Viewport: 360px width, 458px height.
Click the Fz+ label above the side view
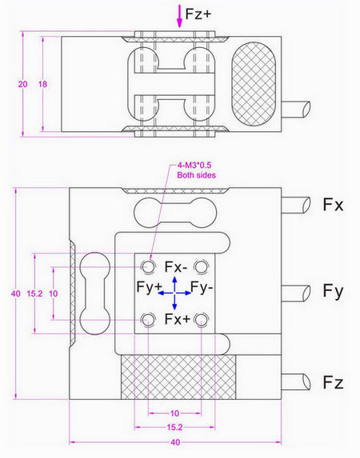point(198,14)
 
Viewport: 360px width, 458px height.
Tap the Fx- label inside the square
point(177,266)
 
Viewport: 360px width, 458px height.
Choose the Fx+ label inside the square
point(178,319)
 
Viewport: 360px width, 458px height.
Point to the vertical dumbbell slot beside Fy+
point(94,293)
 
